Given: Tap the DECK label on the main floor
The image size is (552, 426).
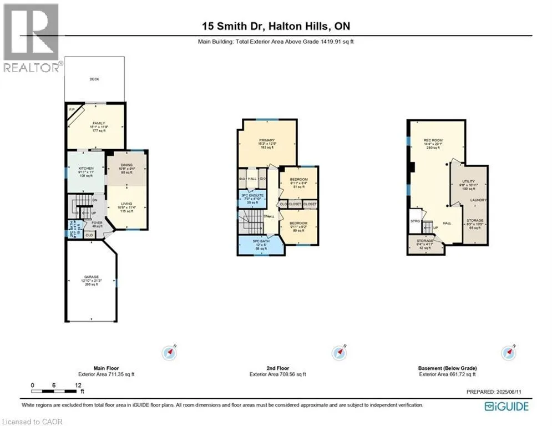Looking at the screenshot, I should point(95,79).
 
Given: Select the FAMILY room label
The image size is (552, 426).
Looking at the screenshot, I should point(99,123).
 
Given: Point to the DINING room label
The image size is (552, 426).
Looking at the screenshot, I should point(128,165).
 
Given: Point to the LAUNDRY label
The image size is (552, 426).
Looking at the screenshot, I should point(478,200).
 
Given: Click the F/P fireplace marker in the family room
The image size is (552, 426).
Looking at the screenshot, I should point(72,109).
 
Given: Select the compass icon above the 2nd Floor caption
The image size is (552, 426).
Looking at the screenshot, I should point(338,353).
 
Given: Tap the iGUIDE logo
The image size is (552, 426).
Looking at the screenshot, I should point(507,407).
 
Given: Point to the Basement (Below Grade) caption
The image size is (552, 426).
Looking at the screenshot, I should point(447,368).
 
